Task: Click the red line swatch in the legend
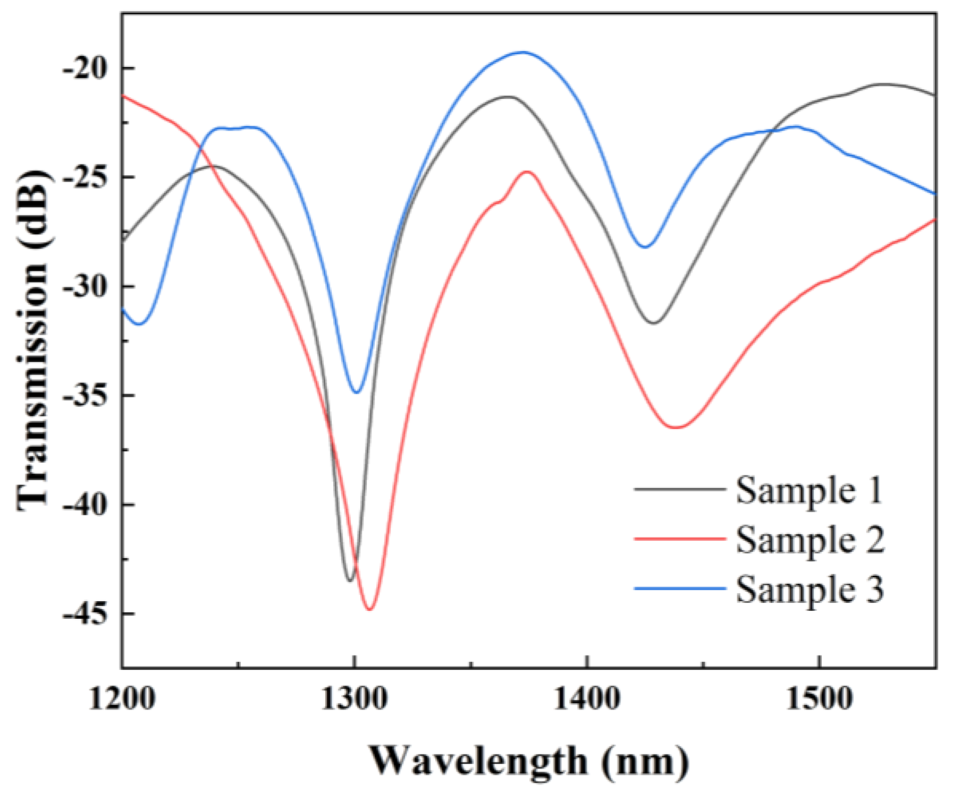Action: coord(680,539)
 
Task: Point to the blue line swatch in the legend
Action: coord(680,588)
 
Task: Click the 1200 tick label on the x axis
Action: coord(122,699)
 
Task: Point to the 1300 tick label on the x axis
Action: coord(354,699)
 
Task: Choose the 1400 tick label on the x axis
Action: coord(586,699)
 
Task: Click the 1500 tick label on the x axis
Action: coord(819,699)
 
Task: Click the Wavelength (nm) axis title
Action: coord(529,761)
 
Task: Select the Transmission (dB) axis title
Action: coord(33,340)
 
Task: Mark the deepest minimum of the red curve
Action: coord(370,609)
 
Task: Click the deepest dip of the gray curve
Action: coord(349,580)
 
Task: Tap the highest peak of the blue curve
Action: coord(523,52)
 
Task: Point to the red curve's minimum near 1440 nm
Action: coord(676,427)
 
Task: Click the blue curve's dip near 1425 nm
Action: coord(645,247)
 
